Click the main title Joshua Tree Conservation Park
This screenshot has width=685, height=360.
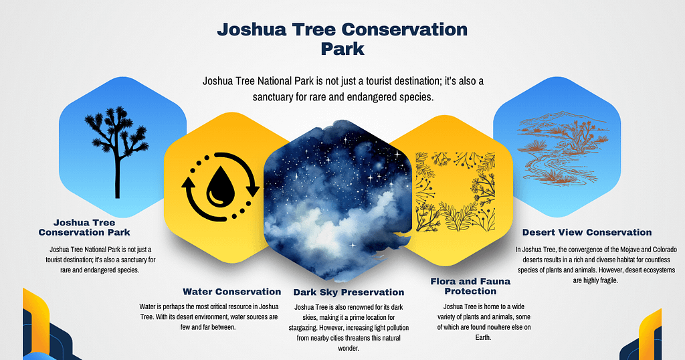point(342,39)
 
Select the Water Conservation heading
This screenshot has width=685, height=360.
point(231,292)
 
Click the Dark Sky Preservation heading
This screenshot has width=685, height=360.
point(349,292)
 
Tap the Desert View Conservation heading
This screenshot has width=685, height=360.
point(587,232)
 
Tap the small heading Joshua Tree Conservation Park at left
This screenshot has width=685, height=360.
point(84,228)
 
